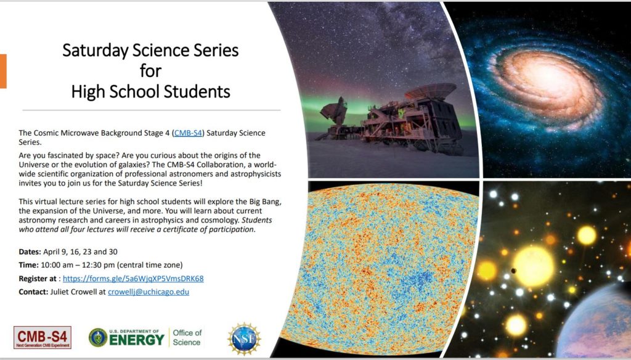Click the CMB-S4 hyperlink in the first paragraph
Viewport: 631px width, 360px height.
click(x=188, y=133)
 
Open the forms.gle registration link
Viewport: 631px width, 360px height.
click(x=133, y=278)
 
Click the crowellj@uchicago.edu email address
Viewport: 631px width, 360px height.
click(x=149, y=292)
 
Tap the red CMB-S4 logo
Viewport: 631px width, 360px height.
click(x=43, y=337)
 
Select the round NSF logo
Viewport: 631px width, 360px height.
click(x=244, y=338)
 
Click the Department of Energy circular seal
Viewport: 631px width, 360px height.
click(x=98, y=337)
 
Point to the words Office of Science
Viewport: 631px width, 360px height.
click(x=187, y=337)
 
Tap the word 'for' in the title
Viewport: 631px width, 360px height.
click(x=150, y=71)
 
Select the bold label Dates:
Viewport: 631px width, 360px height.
click(x=30, y=252)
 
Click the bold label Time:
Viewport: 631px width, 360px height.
click(x=28, y=265)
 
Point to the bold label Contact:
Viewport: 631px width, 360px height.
click(x=33, y=292)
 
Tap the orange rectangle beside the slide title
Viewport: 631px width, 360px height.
click(x=3, y=71)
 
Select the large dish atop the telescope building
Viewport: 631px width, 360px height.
click(x=431, y=91)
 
